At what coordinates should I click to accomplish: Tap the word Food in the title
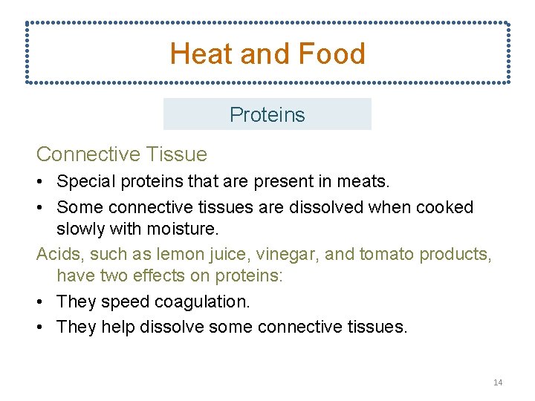pyautogui.click(x=331, y=54)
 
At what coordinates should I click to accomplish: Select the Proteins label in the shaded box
pyautogui.click(x=267, y=115)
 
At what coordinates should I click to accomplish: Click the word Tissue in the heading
pyautogui.click(x=178, y=154)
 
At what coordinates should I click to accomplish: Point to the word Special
pyautogui.click(x=85, y=181)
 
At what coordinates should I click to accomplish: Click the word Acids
pyautogui.click(x=59, y=255)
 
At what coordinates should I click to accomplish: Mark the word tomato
pyautogui.click(x=386, y=255)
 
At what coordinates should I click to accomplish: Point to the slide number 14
pyautogui.click(x=497, y=382)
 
